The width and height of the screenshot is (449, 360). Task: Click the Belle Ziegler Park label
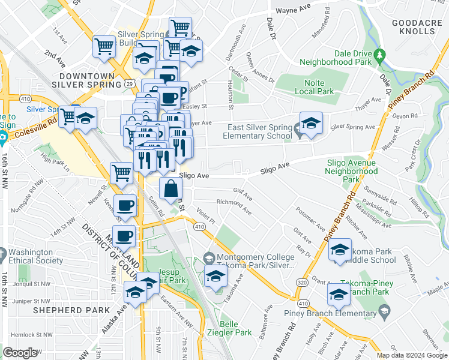tap(235, 328)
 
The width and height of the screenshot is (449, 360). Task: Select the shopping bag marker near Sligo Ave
tap(172, 188)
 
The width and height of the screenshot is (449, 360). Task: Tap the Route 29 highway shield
tap(130, 85)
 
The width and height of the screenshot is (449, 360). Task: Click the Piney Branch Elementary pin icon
tap(384, 312)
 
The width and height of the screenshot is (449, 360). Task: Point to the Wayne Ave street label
tap(292, 10)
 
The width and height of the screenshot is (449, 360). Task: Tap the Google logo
tap(20, 352)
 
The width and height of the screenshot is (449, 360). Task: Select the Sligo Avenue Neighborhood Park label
tap(351, 170)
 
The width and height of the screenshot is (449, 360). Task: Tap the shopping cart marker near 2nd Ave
tap(104, 46)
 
